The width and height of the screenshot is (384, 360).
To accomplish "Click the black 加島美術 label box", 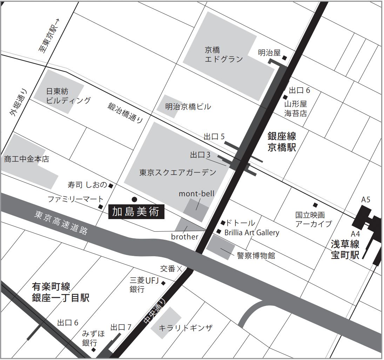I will (136, 212).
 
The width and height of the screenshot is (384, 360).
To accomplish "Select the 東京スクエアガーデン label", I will (178, 172).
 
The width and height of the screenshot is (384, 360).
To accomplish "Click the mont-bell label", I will (196, 193).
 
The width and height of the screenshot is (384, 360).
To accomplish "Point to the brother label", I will (184, 237).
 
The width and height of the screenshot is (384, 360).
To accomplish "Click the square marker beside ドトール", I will (223, 223).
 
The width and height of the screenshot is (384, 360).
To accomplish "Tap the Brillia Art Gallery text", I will (251, 232).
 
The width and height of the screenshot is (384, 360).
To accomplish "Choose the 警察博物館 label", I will (256, 255).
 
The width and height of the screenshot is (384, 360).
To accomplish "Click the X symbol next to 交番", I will (180, 269).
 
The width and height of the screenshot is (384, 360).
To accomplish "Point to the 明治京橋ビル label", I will (188, 107).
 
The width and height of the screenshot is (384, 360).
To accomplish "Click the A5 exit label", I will (366, 200).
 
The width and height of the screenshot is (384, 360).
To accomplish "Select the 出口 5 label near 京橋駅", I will (214, 137).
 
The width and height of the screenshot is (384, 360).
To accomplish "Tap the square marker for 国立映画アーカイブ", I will (315, 205).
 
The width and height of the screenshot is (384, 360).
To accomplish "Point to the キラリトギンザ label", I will (186, 328).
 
